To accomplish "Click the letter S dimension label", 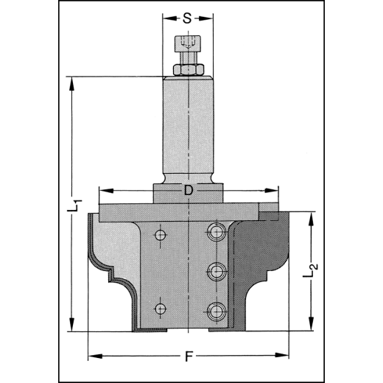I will pos(189,18).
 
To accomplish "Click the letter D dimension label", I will pos(189,191).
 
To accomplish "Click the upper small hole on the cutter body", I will pos(160,235).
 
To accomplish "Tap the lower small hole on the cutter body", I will pos(160,306).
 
